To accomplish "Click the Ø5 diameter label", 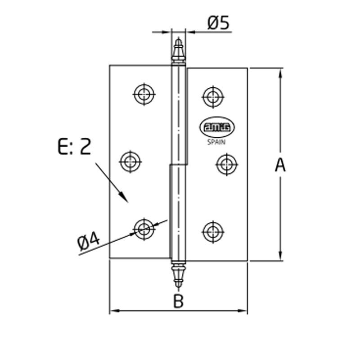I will click(x=219, y=22).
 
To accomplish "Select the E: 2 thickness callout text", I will click(x=74, y=147).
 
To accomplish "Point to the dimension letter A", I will click(x=280, y=165).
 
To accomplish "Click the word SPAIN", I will click(x=216, y=143).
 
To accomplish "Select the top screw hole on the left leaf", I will click(x=144, y=94).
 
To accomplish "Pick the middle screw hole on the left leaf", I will click(x=130, y=160).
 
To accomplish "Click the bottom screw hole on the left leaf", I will click(x=144, y=229).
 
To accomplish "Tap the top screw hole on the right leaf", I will click(x=212, y=96).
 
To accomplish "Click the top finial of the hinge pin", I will click(x=179, y=52).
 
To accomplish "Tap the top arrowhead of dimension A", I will click(x=280, y=72).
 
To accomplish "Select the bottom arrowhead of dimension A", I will click(x=280, y=256).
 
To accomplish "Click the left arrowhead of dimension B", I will click(x=113, y=310).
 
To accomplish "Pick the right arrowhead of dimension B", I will click(x=244, y=310).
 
